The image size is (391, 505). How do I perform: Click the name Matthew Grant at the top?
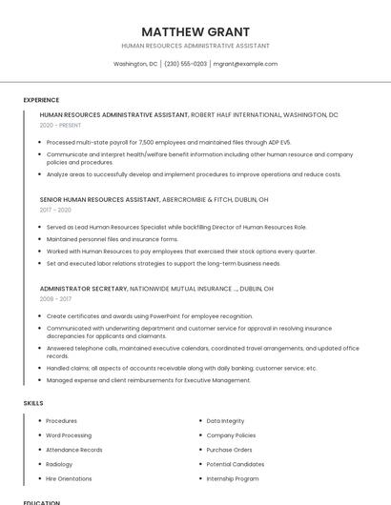[x=195, y=31]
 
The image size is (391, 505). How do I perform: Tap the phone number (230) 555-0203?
[x=185, y=64]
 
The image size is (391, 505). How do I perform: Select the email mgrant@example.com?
[x=245, y=64]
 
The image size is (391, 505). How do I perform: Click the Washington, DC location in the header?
[x=135, y=64]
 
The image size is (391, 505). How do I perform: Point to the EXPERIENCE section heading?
[x=41, y=100]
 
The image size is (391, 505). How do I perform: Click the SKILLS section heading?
[x=33, y=403]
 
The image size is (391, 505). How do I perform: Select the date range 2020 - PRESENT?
[x=62, y=125]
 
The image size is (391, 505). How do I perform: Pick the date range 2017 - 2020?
[x=55, y=210]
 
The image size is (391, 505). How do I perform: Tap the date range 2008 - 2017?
[x=55, y=298]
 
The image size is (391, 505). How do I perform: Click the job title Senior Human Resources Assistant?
[x=99, y=200]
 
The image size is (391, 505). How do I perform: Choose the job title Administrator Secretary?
[x=83, y=288]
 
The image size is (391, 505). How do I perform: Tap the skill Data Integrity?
[x=225, y=420]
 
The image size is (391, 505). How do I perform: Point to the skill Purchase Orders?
[x=229, y=450]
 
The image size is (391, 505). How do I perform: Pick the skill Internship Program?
[x=233, y=478]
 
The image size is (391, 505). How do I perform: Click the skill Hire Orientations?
[x=69, y=478]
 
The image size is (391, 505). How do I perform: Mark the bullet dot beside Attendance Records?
[x=39, y=450]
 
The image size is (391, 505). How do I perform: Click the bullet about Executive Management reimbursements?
[x=148, y=380]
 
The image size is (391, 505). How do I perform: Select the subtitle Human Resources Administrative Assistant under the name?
[x=195, y=46]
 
